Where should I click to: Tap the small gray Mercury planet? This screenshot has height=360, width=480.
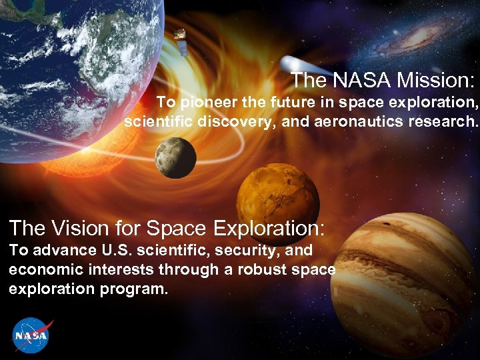coord(175,158)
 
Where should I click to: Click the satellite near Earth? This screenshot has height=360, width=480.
coord(179,40)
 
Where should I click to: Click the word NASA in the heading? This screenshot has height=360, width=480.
coord(361,81)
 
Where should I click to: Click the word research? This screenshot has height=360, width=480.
coord(449,123)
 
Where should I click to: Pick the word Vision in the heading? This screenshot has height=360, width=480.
coord(75,229)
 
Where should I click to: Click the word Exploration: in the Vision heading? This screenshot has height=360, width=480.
coord(269,229)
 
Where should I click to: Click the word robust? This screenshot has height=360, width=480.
coord(257,270)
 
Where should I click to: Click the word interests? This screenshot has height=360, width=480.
coord(114,270)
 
